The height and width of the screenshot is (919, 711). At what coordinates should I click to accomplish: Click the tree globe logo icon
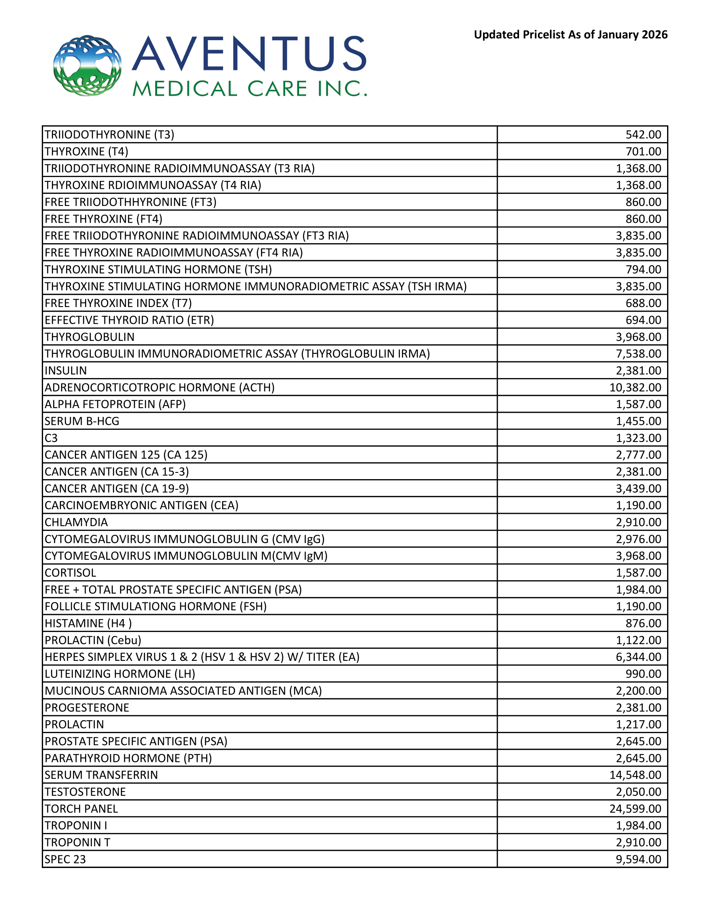click(87, 65)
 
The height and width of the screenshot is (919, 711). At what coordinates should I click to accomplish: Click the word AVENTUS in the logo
click(249, 53)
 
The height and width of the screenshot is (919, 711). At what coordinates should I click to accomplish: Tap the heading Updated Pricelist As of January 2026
click(570, 35)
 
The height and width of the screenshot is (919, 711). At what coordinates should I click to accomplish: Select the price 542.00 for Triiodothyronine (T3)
click(643, 135)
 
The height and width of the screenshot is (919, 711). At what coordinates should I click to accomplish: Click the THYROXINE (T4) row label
click(86, 152)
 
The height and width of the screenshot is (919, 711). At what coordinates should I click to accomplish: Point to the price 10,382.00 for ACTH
click(635, 388)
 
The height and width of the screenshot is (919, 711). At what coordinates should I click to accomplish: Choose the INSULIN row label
click(66, 371)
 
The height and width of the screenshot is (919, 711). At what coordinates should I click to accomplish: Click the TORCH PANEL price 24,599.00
click(635, 809)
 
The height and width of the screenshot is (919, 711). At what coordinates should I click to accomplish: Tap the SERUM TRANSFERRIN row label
click(101, 775)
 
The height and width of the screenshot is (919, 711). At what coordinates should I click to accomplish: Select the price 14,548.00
click(635, 775)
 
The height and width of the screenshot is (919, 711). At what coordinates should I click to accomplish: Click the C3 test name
click(51, 438)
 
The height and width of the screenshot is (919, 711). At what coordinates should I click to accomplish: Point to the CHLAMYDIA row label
click(76, 522)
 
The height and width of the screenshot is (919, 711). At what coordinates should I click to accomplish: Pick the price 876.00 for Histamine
click(643, 623)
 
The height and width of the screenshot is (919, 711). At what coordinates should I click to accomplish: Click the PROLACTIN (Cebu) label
click(93, 640)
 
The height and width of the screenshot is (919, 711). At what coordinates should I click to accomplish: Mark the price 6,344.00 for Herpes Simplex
click(639, 657)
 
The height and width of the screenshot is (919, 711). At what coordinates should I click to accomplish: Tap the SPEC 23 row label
click(65, 859)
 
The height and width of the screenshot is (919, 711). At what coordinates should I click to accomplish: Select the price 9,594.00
click(639, 859)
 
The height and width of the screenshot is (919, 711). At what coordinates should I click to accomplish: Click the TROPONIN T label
click(77, 843)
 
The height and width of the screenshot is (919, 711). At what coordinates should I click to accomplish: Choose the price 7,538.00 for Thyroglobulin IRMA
click(639, 354)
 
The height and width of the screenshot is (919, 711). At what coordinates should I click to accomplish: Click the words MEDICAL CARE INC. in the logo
click(249, 89)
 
